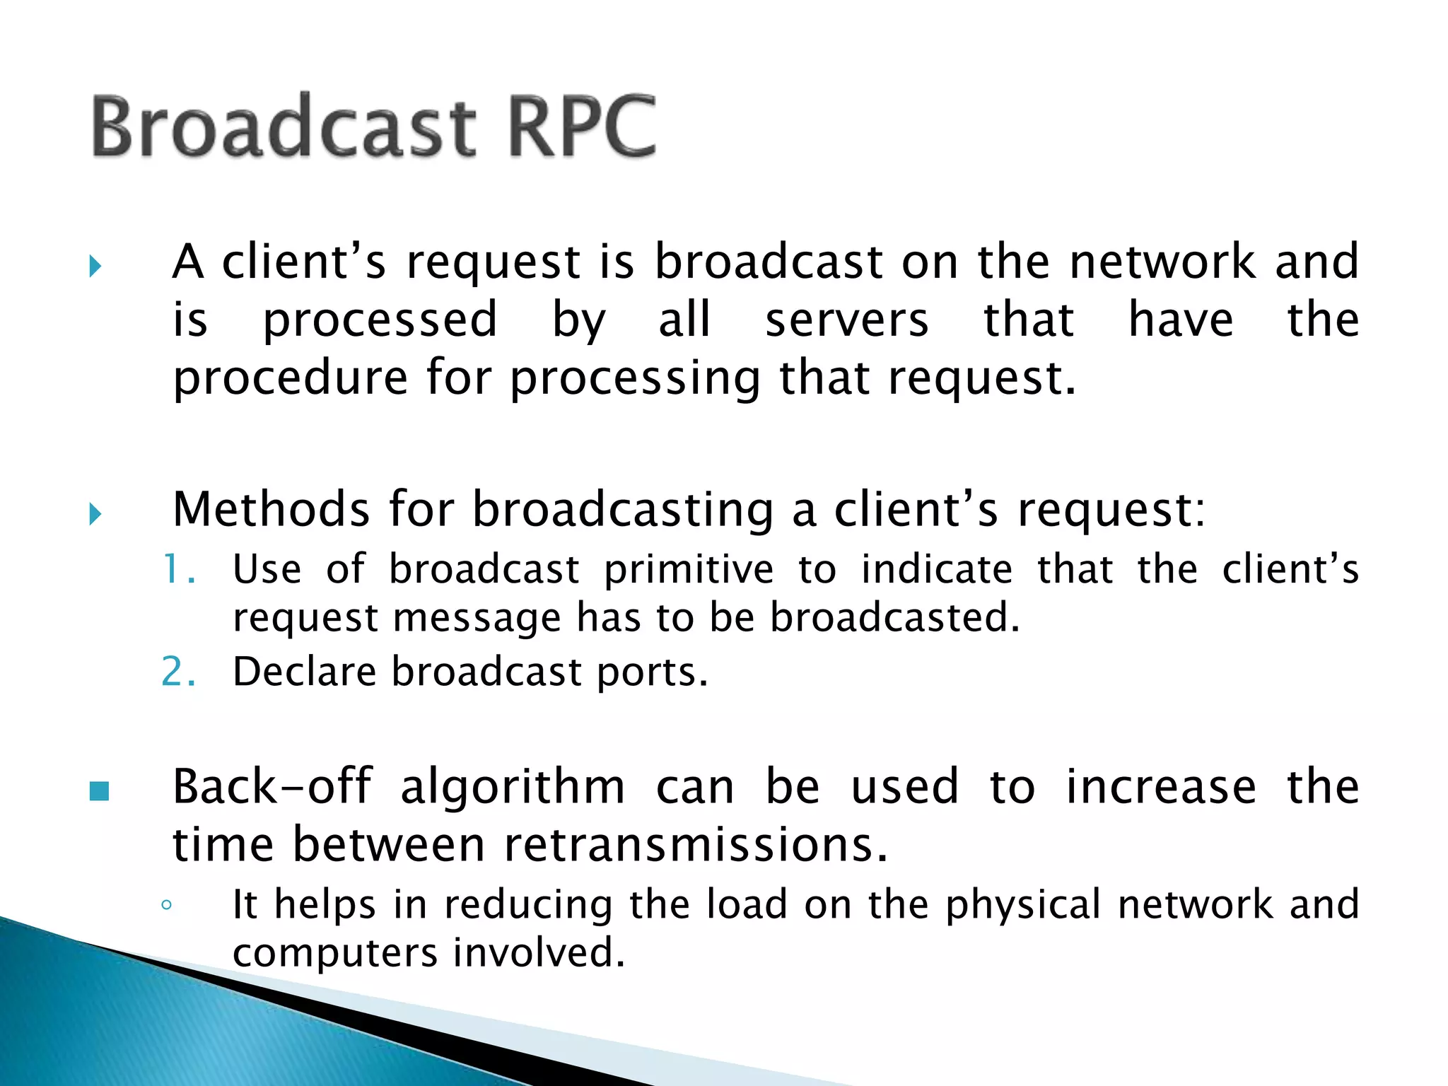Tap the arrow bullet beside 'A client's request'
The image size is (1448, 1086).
pos(96,267)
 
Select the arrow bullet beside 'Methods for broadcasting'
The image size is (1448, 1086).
pos(96,514)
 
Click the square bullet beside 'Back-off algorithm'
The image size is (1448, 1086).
pos(100,791)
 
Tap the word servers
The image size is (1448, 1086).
pos(846,320)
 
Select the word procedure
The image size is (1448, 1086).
pos(291,379)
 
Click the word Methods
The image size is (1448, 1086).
pos(271,509)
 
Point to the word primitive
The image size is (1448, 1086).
pos(689,570)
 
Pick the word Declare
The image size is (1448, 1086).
pos(304,672)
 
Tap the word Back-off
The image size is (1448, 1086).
pos(272,786)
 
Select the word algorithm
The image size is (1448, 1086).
pos(513,788)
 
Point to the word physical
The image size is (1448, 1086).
pos(1023,906)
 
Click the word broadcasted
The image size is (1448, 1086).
pos(895,617)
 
